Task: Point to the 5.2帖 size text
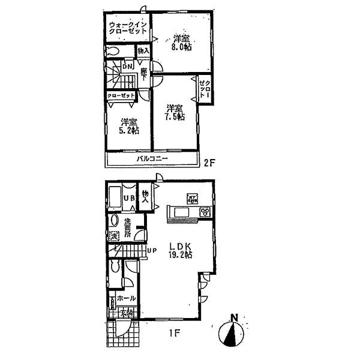click(x=128, y=129)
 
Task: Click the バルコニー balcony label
click(x=152, y=159)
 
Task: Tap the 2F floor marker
click(x=209, y=161)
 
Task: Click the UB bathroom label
click(x=128, y=199)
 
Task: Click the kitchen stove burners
click(x=205, y=212)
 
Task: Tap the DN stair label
click(x=128, y=67)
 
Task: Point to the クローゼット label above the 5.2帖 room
click(x=121, y=95)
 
